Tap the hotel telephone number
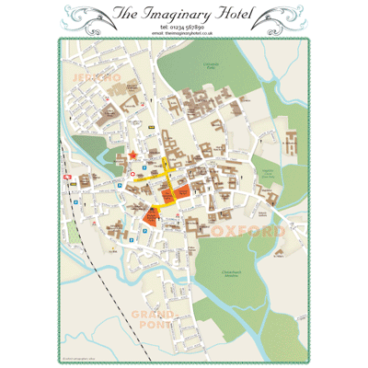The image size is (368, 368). point(184,28)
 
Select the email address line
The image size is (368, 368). point(184,34)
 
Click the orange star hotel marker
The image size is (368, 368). point(133,154)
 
